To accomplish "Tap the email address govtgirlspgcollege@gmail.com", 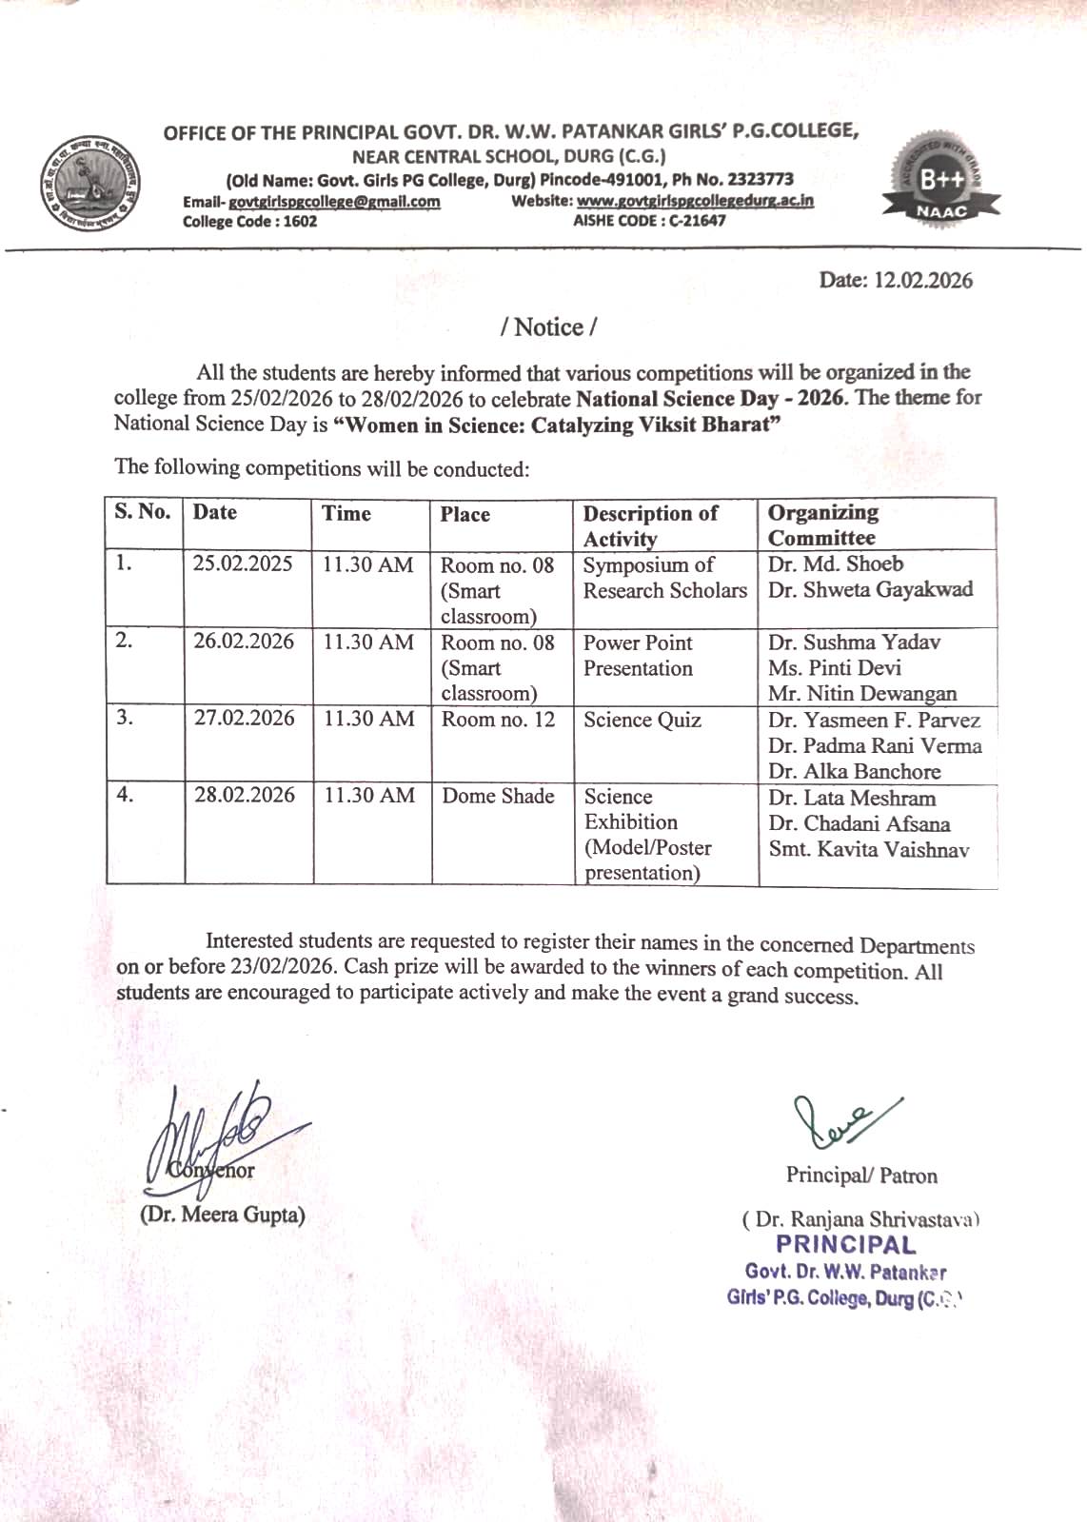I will click(334, 202).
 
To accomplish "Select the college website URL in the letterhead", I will click(695, 201).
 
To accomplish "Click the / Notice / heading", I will click(548, 327).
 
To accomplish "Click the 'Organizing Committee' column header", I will click(822, 524).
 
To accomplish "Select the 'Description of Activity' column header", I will click(650, 525).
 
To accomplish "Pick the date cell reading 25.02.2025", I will click(243, 563).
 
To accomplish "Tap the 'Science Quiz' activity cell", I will click(642, 721).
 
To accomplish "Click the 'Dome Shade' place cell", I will click(498, 796).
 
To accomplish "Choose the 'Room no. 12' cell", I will click(498, 720).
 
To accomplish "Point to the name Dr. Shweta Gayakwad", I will click(870, 590).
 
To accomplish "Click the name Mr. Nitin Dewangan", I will click(862, 694).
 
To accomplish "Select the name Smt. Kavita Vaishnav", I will click(868, 850).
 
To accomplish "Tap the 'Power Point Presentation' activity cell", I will click(638, 656).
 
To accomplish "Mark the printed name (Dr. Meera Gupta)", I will click(223, 1216).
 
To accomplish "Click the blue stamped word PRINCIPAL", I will click(845, 1245).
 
